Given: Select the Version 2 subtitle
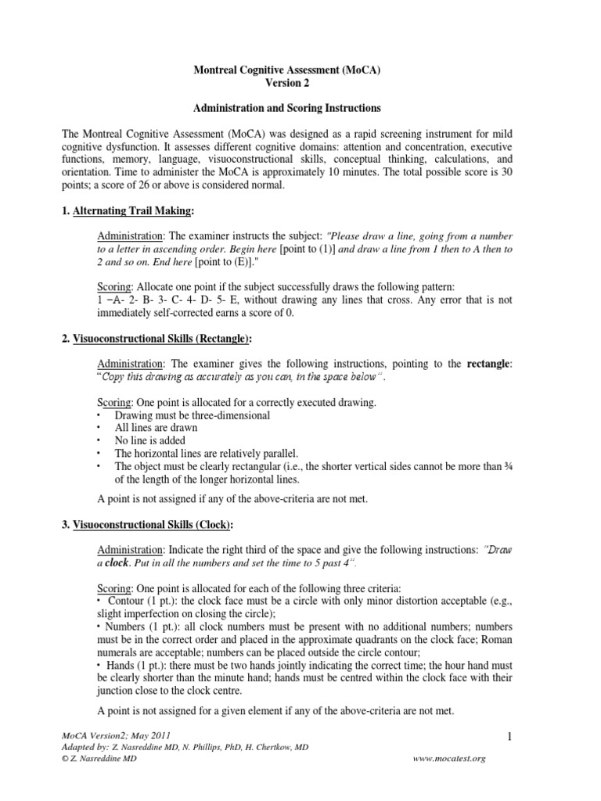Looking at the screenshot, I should click(300, 84).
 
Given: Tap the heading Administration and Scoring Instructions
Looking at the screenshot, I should click(300, 109).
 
